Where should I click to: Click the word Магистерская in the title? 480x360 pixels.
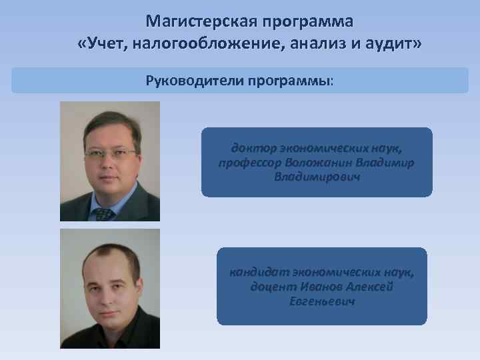coord(199,21)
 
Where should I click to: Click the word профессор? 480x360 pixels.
coord(249,163)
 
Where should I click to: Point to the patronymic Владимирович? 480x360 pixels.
coord(317,177)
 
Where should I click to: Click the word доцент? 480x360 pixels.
coord(271,287)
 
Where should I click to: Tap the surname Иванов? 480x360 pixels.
coord(319,287)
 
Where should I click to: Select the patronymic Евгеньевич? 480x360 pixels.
coord(322,301)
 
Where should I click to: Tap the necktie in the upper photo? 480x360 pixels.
coord(103,214)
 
